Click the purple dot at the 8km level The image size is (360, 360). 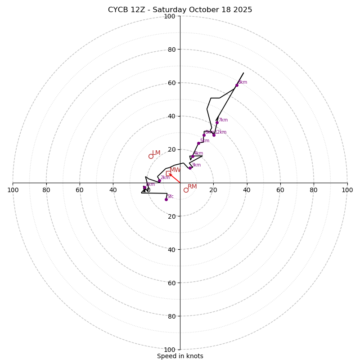point(237,85)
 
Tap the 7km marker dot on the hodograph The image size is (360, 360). point(217,122)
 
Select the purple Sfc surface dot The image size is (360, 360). point(166,199)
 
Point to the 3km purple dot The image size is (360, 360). point(190,168)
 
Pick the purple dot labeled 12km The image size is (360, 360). point(214,135)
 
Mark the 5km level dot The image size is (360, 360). point(198,143)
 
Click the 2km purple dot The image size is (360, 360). point(159,181)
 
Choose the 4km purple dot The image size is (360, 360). point(193,157)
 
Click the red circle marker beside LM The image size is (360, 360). point(151,156)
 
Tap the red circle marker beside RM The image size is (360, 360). point(186,190)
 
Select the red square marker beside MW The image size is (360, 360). point(168,173)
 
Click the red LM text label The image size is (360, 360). point(156,153)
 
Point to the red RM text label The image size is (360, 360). point(192,187)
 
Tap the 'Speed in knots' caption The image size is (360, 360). point(180,356)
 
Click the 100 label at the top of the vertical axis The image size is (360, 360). point(170,17)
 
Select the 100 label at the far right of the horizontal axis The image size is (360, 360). point(347,190)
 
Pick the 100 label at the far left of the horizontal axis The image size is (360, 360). point(13,190)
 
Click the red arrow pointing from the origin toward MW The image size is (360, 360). point(175,178)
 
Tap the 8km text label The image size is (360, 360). point(243,82)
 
